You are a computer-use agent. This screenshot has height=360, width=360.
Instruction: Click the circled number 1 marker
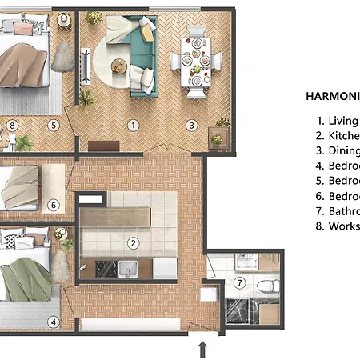[134, 125]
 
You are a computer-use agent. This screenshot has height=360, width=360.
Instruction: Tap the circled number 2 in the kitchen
[134, 243]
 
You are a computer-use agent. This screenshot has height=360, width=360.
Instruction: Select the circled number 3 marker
[191, 125]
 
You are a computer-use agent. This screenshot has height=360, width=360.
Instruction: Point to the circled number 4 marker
[54, 322]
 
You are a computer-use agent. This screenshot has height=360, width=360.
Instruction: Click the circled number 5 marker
[54, 125]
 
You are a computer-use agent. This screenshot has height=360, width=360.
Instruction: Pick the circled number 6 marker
[54, 205]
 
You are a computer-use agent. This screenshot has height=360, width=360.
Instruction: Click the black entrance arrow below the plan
[202, 348]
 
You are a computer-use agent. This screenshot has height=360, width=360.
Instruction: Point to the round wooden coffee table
[120, 66]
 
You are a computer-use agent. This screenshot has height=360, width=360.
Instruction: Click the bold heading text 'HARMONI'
[332, 95]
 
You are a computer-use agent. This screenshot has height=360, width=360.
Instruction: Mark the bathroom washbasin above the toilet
[245, 262]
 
